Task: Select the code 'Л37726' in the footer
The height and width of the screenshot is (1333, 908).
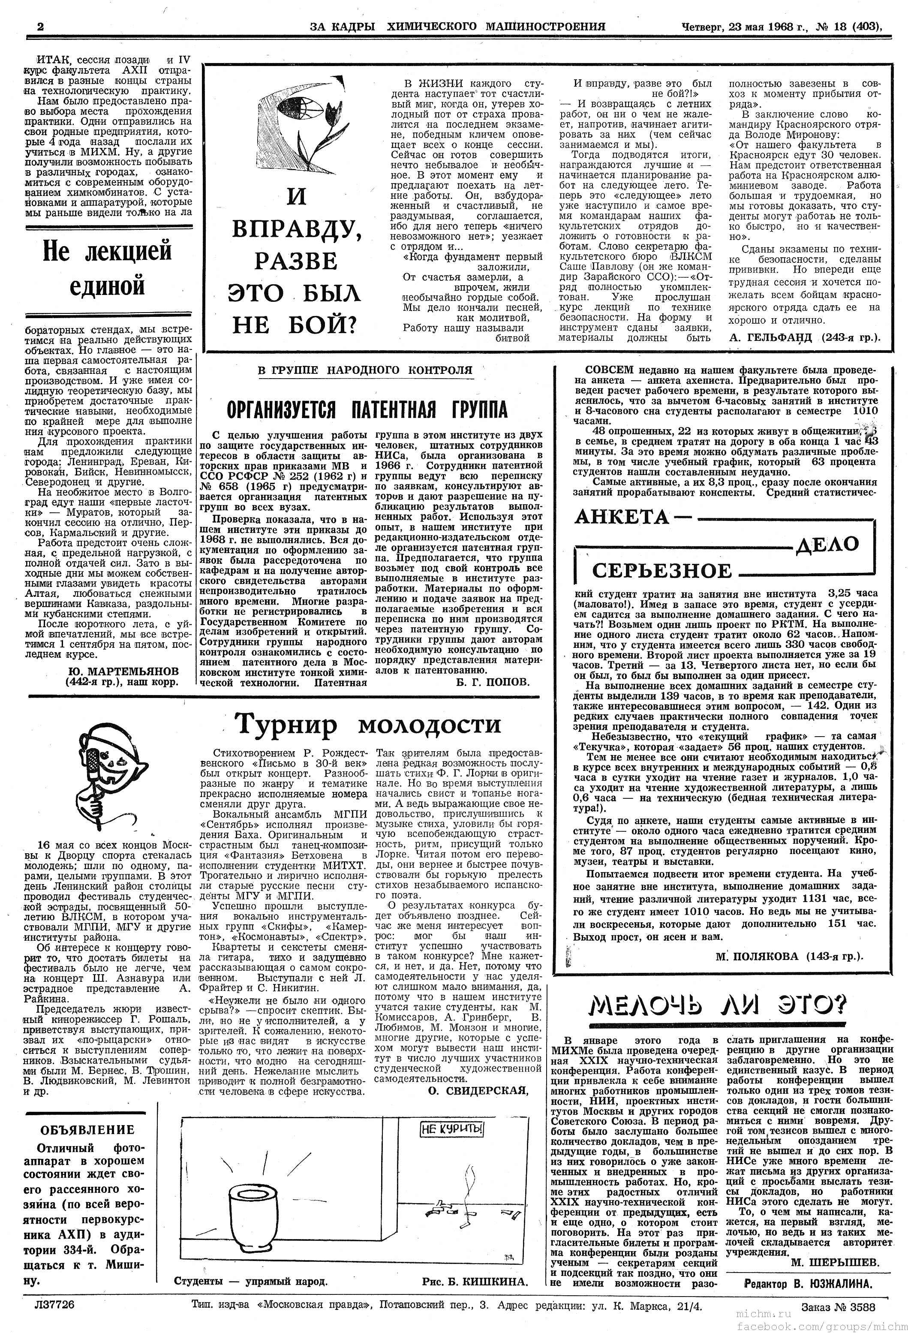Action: point(54,1304)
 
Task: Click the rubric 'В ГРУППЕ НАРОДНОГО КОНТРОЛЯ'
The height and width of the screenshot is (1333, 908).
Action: point(365,370)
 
